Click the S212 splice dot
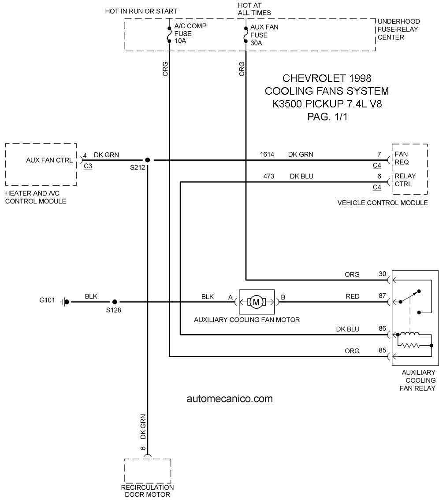coord(147,160)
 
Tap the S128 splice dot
coord(115,302)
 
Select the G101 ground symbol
coord(65,302)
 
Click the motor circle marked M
coord(256,302)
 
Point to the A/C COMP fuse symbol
coord(169,34)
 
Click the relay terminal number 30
coord(382,274)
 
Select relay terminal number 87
coord(382,296)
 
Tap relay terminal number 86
coord(382,329)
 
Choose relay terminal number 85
coord(382,350)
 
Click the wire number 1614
coord(267,155)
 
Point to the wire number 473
coord(268,177)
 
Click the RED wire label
coord(353,296)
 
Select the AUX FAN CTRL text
coord(49,160)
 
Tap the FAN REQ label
coord(402,158)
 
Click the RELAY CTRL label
coord(405,180)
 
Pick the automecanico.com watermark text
coord(230,399)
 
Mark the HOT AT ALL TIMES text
coord(254,9)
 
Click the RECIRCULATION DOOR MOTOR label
coord(147,491)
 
